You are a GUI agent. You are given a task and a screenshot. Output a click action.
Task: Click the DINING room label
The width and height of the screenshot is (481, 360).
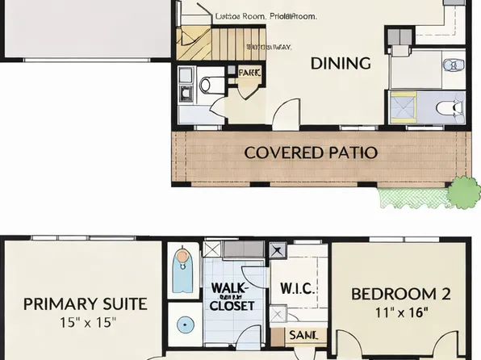click(341, 63)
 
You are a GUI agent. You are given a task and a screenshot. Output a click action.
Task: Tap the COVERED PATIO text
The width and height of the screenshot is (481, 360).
click(311, 152)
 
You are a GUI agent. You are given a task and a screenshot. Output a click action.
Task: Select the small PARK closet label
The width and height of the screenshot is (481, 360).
click(249, 73)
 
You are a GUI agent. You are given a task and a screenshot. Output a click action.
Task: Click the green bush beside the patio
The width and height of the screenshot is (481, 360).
click(463, 192)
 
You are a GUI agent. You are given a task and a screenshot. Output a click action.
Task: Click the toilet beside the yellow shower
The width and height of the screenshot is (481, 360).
click(450, 107)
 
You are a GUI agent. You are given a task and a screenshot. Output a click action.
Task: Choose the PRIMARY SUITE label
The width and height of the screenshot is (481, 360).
click(85, 303)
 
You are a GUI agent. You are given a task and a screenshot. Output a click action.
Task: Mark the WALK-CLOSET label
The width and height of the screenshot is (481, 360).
click(232, 297)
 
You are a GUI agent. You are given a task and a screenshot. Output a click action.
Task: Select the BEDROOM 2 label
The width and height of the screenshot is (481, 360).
click(400, 294)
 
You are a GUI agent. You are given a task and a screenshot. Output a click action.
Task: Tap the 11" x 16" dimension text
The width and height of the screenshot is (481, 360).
click(400, 312)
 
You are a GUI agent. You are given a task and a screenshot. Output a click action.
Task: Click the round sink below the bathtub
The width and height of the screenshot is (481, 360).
click(186, 324)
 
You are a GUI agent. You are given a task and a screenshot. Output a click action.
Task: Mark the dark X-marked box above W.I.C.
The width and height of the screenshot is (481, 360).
click(278, 249)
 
